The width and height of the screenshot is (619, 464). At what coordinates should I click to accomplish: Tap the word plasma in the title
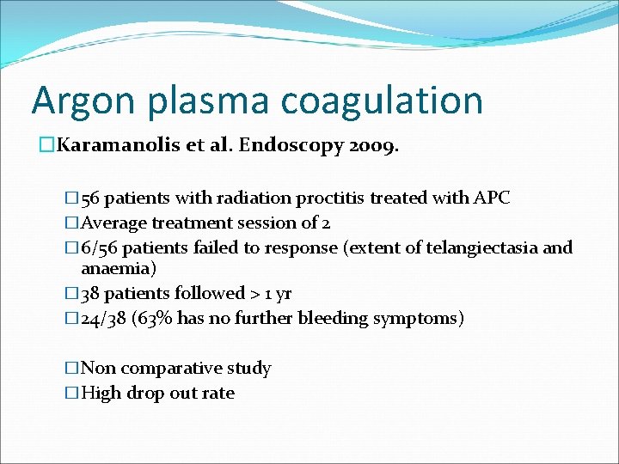(193, 101)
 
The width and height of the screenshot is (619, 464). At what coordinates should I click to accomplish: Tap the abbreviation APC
(492, 198)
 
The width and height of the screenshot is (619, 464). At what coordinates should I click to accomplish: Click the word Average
(114, 223)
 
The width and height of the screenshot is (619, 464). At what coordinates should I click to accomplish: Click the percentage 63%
(157, 319)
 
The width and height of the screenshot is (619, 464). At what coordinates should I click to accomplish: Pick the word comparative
(172, 369)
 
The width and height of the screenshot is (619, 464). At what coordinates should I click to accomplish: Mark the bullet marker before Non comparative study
(71, 369)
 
